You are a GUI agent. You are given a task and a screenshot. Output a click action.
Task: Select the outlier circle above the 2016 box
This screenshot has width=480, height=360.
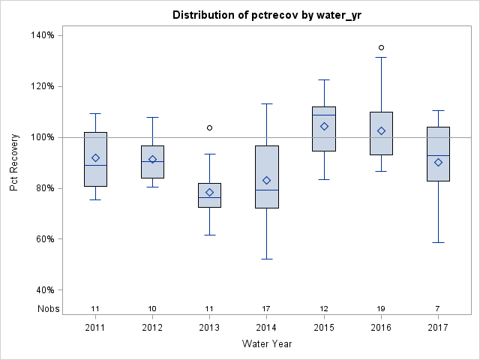[381, 48]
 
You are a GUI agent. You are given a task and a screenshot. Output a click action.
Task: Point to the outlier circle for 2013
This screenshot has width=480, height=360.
[209, 127]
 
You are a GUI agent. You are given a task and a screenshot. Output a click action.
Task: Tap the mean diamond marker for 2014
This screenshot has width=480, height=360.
[267, 180]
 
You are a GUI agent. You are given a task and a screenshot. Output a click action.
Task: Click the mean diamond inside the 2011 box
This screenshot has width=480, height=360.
[95, 157]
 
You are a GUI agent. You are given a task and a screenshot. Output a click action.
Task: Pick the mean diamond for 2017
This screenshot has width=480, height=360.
[438, 162]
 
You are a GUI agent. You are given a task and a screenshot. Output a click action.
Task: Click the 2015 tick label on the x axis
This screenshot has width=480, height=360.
[324, 328]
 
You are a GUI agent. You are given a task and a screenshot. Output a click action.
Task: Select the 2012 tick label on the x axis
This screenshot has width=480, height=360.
[152, 328]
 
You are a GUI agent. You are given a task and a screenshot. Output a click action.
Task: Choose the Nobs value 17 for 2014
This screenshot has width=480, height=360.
[267, 308]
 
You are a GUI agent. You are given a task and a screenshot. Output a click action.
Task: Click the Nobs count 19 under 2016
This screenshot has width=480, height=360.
[381, 308]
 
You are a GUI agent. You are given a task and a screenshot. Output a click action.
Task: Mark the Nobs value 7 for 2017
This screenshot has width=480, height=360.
[438, 308]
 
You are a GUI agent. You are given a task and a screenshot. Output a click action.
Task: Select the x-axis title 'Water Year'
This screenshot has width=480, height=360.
[267, 343]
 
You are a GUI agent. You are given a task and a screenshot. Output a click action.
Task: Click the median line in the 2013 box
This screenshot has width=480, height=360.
[209, 197]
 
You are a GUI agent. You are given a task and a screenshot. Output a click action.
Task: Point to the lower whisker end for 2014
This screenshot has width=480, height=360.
[267, 259]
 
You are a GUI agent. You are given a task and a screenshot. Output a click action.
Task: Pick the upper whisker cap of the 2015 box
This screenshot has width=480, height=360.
[324, 79]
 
